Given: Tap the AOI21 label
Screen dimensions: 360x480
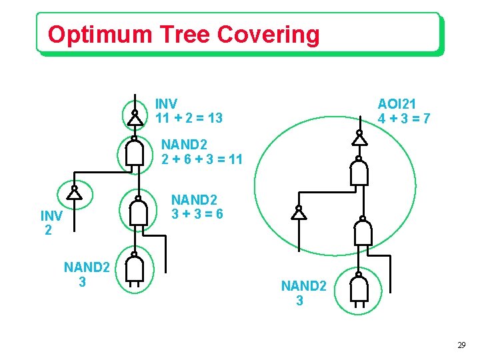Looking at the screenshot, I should tap(397, 104).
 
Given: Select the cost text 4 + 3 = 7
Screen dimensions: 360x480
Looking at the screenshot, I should tap(403, 119).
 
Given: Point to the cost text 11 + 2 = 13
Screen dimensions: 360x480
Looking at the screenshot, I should tap(189, 119).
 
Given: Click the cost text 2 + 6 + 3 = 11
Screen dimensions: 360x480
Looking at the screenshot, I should tap(202, 159).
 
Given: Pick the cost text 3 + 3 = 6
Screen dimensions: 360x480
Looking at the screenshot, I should tap(197, 215).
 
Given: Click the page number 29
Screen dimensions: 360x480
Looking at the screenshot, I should tap(461, 345).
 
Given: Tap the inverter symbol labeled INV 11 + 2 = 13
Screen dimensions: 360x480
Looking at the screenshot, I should tap(135, 118).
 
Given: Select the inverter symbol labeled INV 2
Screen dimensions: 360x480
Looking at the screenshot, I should tap(74, 193).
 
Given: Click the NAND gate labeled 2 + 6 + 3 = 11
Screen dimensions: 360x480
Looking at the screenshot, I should tap(135, 154).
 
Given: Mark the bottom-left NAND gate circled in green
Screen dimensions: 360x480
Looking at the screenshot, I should tap(135, 270).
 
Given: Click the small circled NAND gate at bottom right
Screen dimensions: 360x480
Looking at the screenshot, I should tap(359, 290).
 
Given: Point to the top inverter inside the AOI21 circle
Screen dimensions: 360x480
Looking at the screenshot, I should tap(359, 139).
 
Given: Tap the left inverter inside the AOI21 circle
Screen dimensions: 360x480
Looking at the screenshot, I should tap(299, 213).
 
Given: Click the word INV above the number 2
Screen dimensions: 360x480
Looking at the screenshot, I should tap(51, 216).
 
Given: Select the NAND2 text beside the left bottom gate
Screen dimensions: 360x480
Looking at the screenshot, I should tap(86, 267).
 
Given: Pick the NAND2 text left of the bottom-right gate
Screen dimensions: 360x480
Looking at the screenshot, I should tap(303, 286).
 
